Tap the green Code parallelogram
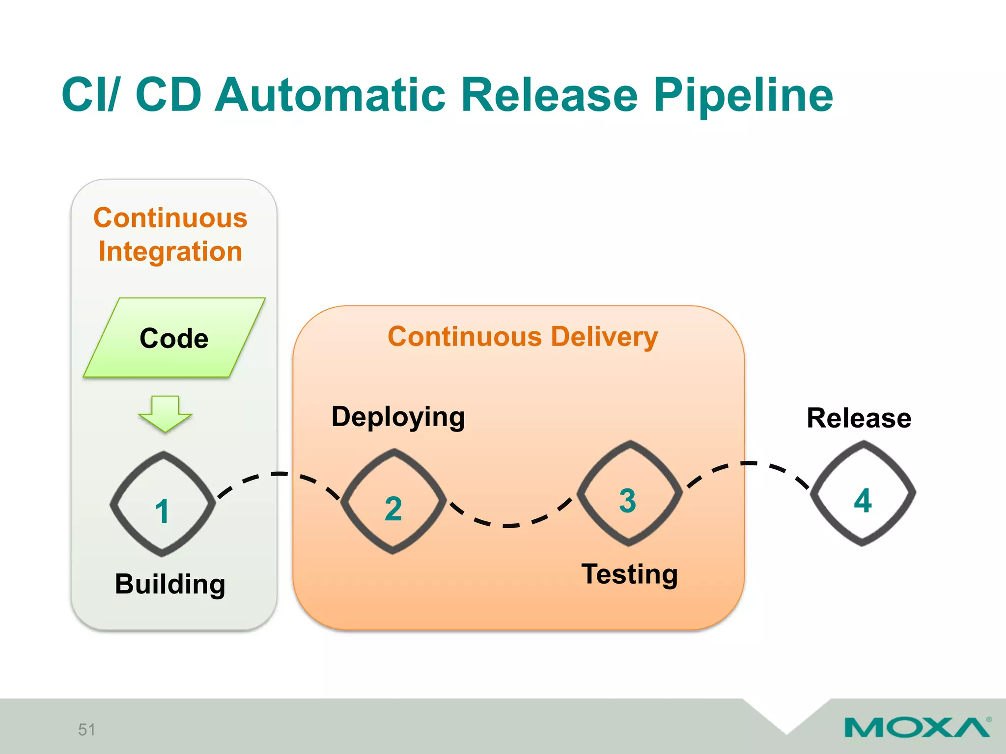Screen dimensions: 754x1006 (174, 338)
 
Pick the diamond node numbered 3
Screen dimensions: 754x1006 (629, 493)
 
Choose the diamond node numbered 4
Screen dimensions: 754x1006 (863, 493)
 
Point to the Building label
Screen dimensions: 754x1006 (170, 584)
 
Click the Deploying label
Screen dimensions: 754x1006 (398, 417)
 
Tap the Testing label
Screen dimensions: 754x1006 (629, 574)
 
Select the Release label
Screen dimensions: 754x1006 (859, 418)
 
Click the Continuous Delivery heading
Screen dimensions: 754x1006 (523, 337)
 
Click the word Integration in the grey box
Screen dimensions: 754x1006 (170, 251)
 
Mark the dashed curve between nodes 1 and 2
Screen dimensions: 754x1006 (279, 474)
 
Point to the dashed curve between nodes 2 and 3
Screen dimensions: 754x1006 (511, 525)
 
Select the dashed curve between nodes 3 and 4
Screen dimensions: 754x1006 (748, 463)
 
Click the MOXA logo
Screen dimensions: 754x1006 (917, 727)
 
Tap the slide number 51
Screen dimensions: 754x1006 (86, 729)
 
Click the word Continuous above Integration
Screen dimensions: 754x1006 (170, 218)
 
